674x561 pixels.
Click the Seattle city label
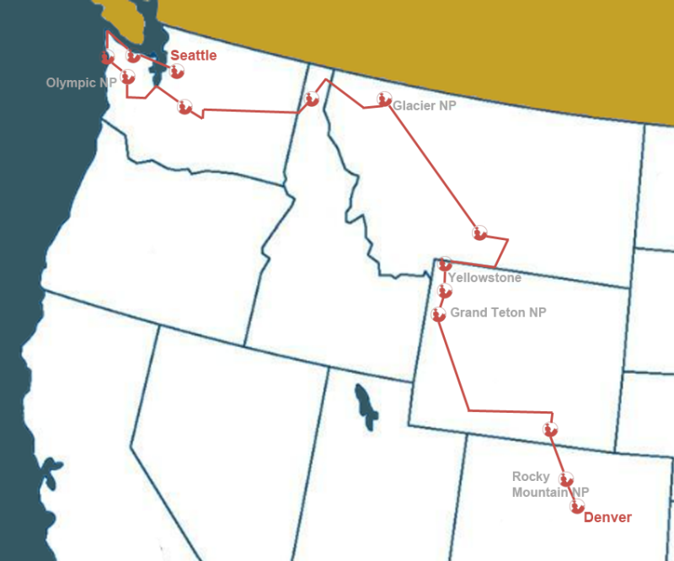pos(194,56)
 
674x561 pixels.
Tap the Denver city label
pos(607,517)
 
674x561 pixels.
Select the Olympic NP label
pos(81,83)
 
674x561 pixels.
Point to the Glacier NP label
pos(424,106)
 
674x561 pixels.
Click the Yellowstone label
pos(484,278)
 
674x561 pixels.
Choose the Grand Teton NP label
pos(498,313)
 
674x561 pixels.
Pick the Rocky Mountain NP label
pos(550,484)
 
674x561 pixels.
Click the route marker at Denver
pos(577,506)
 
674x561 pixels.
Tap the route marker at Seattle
pos(176,71)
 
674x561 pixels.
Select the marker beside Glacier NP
pos(384,99)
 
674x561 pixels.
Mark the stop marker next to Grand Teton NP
pos(437,315)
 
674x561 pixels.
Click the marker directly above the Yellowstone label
pos(445,264)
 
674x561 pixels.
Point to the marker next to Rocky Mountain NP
pos(566,478)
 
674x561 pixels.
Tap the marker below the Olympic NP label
pos(127,77)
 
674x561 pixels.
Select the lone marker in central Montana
pos(480,232)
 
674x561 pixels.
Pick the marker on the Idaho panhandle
pos(312,99)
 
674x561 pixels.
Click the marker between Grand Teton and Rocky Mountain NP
pos(550,430)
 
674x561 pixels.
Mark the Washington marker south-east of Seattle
pos(185,106)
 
